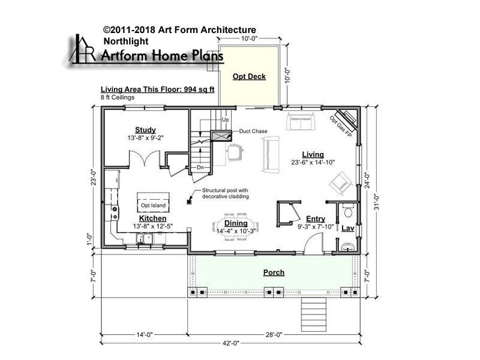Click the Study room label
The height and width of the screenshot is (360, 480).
point(145,130)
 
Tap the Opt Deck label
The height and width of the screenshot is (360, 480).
point(249,77)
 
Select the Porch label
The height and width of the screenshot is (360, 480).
point(274,272)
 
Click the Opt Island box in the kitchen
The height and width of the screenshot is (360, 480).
point(153,202)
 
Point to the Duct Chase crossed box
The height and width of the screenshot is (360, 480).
point(221,136)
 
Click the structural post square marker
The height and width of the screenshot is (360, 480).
point(189,202)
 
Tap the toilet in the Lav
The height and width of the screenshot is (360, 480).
point(348,211)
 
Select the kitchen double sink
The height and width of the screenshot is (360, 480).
point(145,238)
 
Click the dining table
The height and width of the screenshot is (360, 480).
point(236,227)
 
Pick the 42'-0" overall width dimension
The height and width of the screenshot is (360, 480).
point(230,343)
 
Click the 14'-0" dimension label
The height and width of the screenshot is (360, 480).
point(144,335)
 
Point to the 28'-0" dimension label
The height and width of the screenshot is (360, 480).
point(274,335)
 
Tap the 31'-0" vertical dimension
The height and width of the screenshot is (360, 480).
point(377,203)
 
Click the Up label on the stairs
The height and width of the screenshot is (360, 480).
point(226,119)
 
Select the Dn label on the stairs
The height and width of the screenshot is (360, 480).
point(200,167)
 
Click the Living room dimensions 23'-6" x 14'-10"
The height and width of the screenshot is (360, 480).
point(313,162)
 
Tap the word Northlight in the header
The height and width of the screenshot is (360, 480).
point(126,41)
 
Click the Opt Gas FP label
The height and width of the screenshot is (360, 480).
point(341,127)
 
